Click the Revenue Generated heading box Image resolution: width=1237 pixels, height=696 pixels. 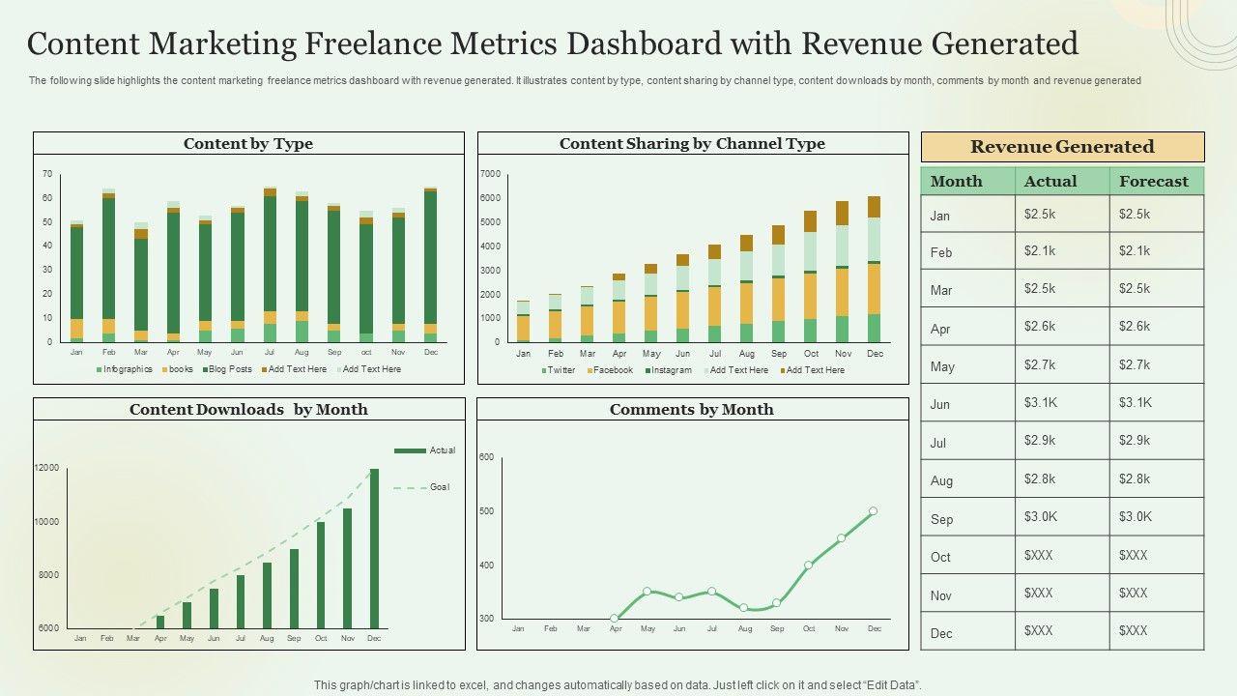(1062, 147)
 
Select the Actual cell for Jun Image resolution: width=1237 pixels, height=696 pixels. (1061, 403)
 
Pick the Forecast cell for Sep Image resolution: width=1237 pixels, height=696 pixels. (1156, 517)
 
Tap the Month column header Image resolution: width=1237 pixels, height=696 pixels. (967, 181)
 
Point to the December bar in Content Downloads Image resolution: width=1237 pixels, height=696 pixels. (374, 548)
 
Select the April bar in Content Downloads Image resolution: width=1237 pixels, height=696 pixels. (160, 622)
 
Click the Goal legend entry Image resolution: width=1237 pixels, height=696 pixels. (440, 487)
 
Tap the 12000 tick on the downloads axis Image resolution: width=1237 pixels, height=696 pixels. (47, 468)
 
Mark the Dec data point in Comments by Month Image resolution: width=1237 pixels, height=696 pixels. (873, 511)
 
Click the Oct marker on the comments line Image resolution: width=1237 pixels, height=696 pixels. (809, 565)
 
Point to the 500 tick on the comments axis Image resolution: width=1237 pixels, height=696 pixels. (486, 511)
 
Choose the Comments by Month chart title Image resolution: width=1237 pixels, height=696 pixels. (691, 410)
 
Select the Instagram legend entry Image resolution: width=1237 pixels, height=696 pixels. (671, 370)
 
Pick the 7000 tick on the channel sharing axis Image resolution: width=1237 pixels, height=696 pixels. (490, 174)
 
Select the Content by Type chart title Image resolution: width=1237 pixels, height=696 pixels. (248, 144)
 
